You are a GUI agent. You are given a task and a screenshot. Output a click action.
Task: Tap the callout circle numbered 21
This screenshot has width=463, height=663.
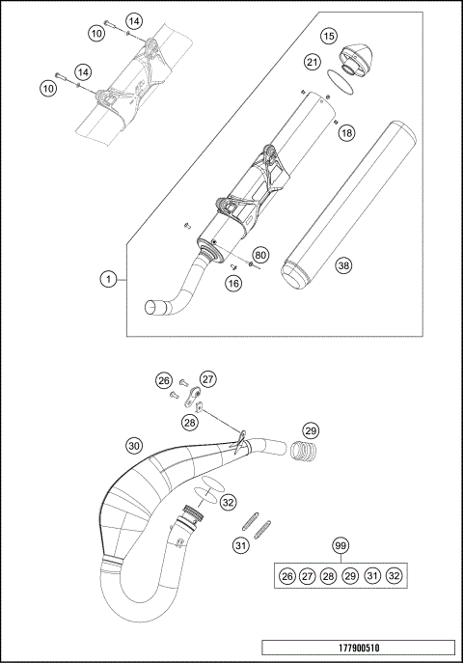pos(312,62)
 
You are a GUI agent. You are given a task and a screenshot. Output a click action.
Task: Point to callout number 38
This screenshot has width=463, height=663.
pos(344,264)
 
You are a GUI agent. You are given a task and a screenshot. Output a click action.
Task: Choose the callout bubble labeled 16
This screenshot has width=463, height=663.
pos(232,283)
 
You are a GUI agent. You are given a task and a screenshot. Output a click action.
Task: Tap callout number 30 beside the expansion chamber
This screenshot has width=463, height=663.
pos(134,445)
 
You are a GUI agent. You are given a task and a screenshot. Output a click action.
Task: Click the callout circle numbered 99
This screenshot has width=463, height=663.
pos(340,547)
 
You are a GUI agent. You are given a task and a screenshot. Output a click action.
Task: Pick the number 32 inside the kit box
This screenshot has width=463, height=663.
pos(395,575)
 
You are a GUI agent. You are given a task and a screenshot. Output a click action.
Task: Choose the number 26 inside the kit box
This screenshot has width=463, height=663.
pos(286,575)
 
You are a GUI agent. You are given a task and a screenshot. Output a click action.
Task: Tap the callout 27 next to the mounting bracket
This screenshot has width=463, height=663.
pos(209,379)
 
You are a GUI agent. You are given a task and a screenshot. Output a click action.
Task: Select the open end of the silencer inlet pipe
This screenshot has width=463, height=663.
pos(152,308)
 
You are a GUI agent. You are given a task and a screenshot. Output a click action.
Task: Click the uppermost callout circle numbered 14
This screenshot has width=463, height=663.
pos(134,21)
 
